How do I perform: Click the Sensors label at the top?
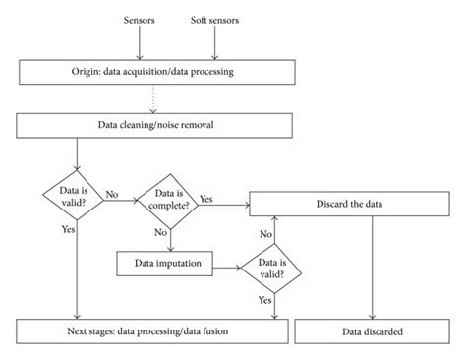coord(140,19)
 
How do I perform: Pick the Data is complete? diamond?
coord(169,201)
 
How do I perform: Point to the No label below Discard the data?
coord(265,234)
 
